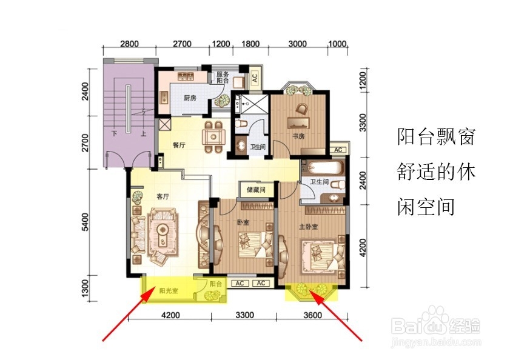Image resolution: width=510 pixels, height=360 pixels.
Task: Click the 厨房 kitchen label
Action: click(x=190, y=98)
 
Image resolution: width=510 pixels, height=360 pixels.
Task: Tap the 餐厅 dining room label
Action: click(x=178, y=145)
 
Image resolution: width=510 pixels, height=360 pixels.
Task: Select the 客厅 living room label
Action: click(x=163, y=196)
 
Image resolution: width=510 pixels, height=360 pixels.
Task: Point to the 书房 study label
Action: click(x=298, y=136)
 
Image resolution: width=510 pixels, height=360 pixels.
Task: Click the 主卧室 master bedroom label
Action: click(x=308, y=227)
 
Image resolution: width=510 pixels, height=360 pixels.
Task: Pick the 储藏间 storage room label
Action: click(x=256, y=189)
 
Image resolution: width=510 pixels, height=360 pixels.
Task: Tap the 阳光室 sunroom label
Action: click(x=169, y=290)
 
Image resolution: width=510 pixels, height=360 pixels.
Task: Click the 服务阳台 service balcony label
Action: click(x=223, y=77)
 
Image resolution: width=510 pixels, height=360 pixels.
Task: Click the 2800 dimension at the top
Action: click(x=129, y=44)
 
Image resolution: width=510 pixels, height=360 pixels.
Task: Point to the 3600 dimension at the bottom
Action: click(x=312, y=315)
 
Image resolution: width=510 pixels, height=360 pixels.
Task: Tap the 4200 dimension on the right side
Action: click(x=363, y=247)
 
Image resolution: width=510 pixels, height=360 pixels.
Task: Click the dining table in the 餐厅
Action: click(x=213, y=137)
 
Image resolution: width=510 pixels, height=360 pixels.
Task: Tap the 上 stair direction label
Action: click(x=143, y=133)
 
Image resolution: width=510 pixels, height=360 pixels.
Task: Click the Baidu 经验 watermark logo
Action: click(x=436, y=324)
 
